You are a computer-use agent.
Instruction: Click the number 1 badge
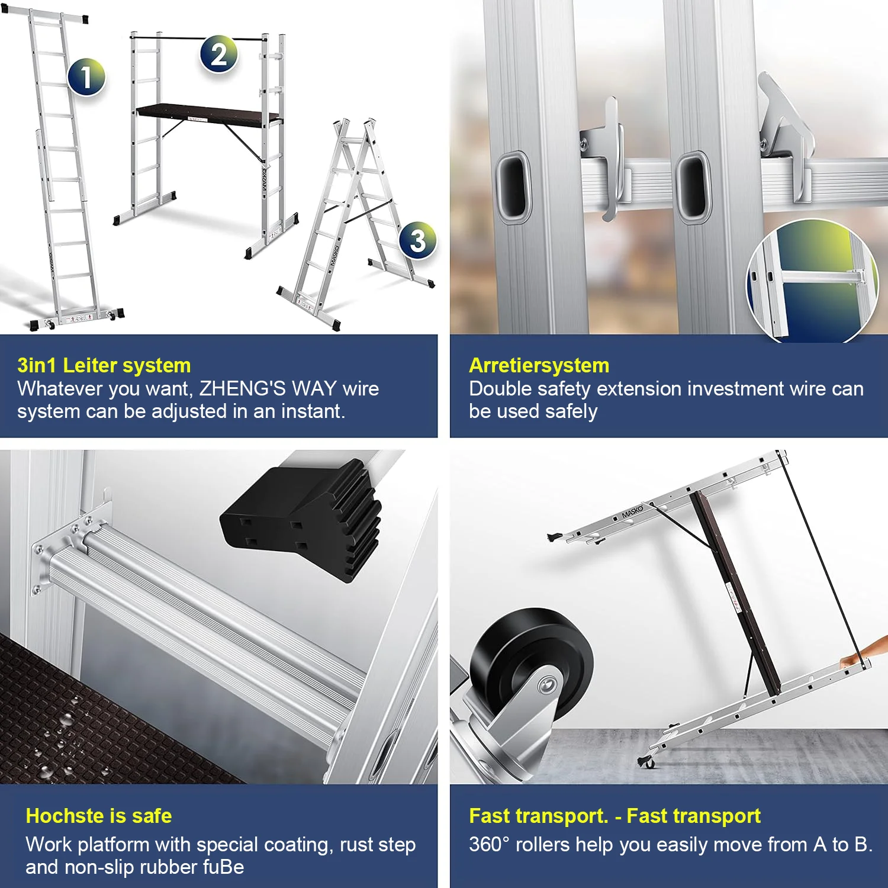(86, 77)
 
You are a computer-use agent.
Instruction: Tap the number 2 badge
(219, 54)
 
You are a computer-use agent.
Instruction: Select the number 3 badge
(418, 240)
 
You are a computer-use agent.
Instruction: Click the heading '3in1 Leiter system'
(104, 365)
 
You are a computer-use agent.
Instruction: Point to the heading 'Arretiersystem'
(539, 365)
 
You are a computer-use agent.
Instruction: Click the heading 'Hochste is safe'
(99, 816)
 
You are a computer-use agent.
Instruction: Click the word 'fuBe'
(223, 867)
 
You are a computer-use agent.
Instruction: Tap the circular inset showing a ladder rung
(812, 282)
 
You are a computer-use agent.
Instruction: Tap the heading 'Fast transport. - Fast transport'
(614, 816)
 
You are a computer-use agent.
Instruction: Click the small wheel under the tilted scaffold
(647, 761)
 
